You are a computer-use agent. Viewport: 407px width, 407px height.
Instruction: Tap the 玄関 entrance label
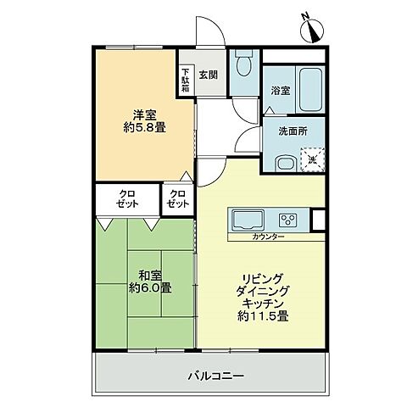(209, 75)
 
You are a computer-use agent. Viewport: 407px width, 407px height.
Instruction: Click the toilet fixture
(243, 64)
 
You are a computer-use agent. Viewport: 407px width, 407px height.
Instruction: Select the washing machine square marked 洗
(311, 159)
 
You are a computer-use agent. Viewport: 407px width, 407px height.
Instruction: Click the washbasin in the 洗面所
(286, 163)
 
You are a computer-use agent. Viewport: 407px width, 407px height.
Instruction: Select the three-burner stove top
(287, 220)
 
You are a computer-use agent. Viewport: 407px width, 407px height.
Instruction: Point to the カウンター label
(268, 237)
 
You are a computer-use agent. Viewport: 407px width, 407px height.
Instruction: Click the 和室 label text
(143, 274)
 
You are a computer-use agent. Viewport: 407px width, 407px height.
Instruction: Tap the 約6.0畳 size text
(143, 288)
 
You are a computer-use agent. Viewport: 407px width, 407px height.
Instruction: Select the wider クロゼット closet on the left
(127, 200)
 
